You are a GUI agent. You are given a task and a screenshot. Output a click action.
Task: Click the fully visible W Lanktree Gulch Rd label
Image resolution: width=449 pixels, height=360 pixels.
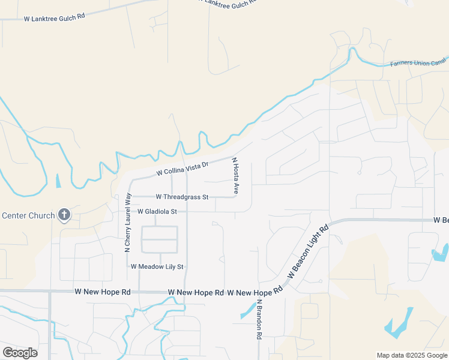click(x=54, y=18)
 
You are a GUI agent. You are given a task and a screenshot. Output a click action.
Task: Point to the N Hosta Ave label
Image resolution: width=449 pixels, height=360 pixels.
click(x=235, y=176)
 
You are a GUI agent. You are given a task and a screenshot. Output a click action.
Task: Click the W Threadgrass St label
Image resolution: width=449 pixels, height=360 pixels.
click(x=182, y=197)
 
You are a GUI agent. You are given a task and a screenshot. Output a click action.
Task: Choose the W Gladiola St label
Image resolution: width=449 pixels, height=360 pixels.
click(x=157, y=212)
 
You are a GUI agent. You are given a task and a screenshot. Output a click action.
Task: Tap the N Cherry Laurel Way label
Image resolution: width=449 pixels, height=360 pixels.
click(x=127, y=222)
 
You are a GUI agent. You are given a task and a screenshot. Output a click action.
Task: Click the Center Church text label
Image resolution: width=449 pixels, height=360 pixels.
click(x=28, y=215)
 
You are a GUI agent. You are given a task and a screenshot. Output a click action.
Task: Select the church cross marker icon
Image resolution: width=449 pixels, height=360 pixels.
click(x=64, y=215)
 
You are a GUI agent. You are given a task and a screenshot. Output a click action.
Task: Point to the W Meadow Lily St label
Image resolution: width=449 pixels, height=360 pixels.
click(x=157, y=266)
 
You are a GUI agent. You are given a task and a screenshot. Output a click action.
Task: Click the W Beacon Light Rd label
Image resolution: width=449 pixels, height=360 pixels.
click(x=309, y=251)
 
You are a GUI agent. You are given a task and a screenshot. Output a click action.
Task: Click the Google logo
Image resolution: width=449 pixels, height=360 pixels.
click(x=20, y=353)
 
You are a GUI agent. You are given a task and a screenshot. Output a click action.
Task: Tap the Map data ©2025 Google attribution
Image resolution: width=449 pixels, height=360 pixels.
click(x=412, y=355)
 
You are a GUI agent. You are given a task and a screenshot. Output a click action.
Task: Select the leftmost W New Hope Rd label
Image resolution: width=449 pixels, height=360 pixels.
click(x=103, y=292)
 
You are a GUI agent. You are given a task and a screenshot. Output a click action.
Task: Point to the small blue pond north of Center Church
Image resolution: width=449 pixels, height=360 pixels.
click(x=58, y=180)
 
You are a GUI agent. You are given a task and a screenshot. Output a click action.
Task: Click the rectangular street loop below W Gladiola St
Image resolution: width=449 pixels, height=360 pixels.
click(x=159, y=239)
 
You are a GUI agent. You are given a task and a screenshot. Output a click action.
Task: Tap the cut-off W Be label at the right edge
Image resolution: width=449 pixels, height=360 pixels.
click(x=441, y=221)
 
